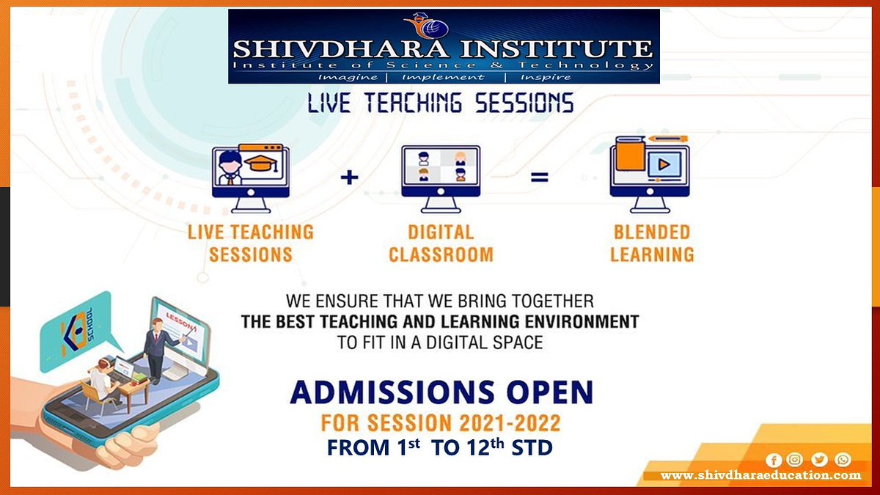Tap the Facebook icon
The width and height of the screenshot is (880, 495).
tap(773, 460)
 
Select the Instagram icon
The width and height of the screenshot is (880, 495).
tap(795, 460)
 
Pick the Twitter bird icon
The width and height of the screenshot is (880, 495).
tap(819, 460)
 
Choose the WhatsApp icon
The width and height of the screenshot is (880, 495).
tap(843, 460)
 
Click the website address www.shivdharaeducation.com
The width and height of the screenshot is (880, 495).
tap(760, 476)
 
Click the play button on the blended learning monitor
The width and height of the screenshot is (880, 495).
tap(664, 165)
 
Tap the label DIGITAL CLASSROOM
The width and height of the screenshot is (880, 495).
tap(441, 243)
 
